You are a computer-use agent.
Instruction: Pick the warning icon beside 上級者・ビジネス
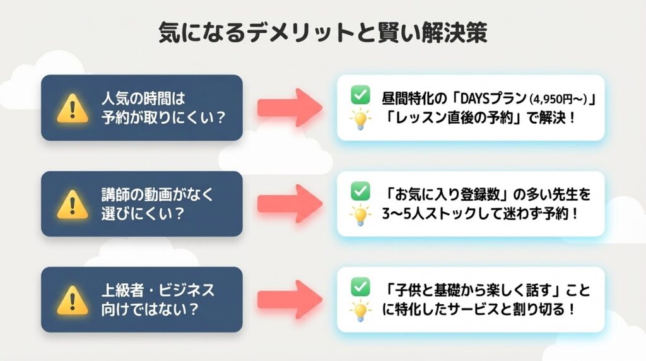(73, 301)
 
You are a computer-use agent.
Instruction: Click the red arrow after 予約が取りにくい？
(290, 108)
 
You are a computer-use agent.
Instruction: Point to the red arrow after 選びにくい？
(290, 204)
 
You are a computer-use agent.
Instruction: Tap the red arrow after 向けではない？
(290, 300)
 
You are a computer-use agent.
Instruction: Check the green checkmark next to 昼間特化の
(360, 96)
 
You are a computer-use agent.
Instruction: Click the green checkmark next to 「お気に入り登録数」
(360, 191)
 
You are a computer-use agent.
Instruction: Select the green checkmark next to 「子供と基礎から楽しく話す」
(360, 287)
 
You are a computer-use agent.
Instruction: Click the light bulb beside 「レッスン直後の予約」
(360, 120)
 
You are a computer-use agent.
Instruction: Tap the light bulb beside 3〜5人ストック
(360, 215)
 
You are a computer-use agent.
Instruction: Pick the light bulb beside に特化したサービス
(360, 311)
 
